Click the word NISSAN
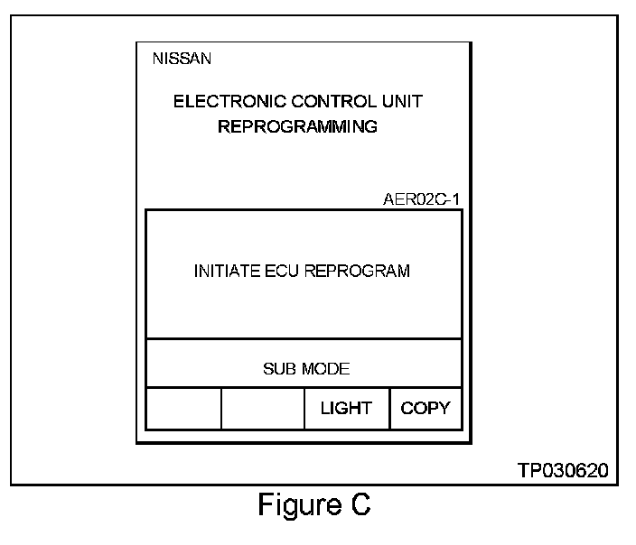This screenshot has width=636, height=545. tap(182, 60)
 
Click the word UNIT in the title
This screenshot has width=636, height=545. tap(404, 101)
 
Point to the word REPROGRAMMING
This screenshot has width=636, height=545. tap(297, 127)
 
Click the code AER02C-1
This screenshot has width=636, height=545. tap(422, 199)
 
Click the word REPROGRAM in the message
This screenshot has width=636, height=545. tap(356, 272)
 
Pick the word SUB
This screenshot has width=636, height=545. tap(279, 369)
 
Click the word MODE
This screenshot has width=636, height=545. tap(324, 369)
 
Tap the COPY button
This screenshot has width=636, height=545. tap(425, 409)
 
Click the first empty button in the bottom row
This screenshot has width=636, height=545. tap(183, 409)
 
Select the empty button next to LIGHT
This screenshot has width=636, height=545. tap(263, 409)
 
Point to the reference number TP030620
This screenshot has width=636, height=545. tap(562, 470)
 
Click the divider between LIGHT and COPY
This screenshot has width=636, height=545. tap(389, 409)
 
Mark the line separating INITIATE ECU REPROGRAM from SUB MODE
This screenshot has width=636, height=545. tap(304, 339)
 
